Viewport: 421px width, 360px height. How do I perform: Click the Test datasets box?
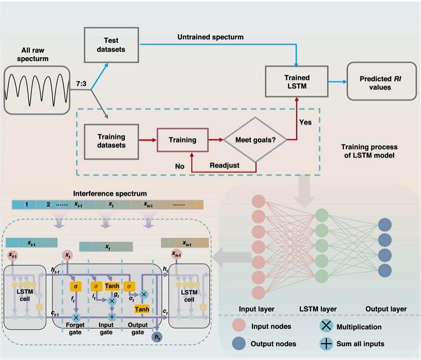112,45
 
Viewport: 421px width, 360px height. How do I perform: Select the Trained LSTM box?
297,82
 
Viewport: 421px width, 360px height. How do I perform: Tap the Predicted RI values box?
382,81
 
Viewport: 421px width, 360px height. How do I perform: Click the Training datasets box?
112,142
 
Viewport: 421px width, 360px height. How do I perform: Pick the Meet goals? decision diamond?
255,140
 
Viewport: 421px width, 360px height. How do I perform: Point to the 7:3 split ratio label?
81,84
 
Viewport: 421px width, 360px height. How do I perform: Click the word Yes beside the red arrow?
305,123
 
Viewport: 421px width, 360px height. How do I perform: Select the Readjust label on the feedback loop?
225,165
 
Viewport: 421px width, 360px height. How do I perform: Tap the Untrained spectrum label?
211,37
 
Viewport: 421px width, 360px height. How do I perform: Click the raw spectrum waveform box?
37,90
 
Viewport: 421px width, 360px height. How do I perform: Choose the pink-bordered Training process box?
182,140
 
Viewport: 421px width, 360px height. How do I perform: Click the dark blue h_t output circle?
157,337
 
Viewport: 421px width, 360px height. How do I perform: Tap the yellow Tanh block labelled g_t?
112,286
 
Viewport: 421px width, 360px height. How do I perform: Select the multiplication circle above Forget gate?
76,318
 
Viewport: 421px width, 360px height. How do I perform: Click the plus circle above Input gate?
112,317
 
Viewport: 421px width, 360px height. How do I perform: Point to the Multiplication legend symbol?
326,326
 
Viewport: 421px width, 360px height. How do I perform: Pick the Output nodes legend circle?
239,344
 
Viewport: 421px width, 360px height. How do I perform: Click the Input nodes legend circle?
239,325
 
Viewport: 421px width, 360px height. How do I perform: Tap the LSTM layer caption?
318,309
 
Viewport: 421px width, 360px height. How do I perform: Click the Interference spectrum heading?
110,194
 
